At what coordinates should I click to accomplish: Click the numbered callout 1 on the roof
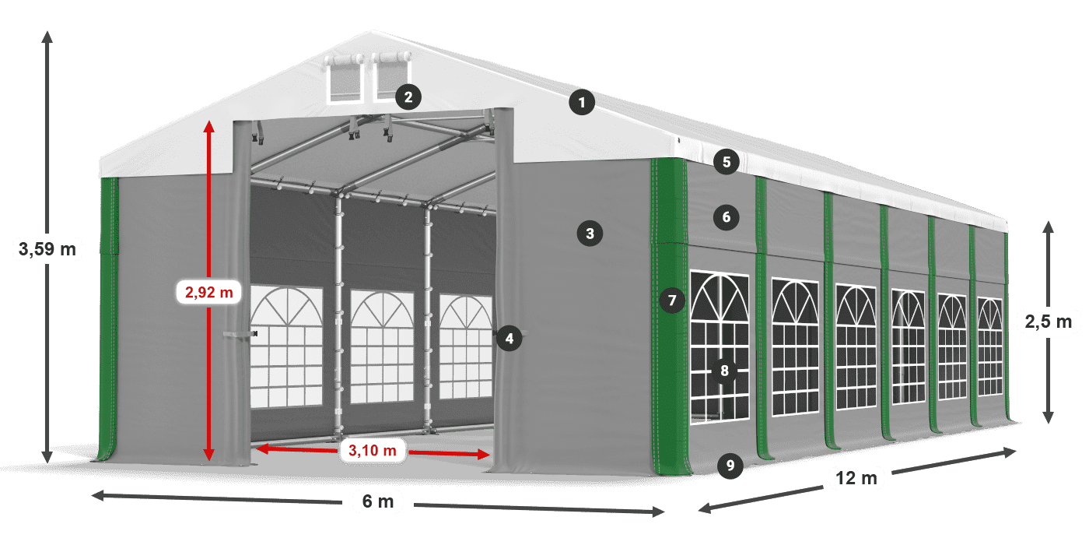click(x=581, y=102)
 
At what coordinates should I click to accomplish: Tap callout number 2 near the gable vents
click(x=408, y=97)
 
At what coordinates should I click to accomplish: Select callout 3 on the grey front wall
click(x=590, y=233)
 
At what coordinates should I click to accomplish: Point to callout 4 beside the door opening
click(x=509, y=338)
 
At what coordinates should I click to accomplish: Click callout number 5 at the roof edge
click(x=727, y=162)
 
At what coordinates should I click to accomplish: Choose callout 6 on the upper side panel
click(x=727, y=216)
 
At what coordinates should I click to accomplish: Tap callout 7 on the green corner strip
click(x=673, y=300)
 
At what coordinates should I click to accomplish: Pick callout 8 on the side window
click(x=724, y=371)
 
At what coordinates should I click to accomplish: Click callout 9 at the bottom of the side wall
click(x=730, y=466)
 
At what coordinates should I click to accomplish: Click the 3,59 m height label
click(x=47, y=250)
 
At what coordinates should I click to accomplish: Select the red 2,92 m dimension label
click(x=209, y=293)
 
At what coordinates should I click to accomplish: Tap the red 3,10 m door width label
click(x=373, y=449)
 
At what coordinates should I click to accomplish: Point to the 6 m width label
click(x=379, y=502)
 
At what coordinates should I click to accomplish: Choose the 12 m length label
click(x=857, y=478)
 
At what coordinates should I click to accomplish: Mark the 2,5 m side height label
click(x=1049, y=321)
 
